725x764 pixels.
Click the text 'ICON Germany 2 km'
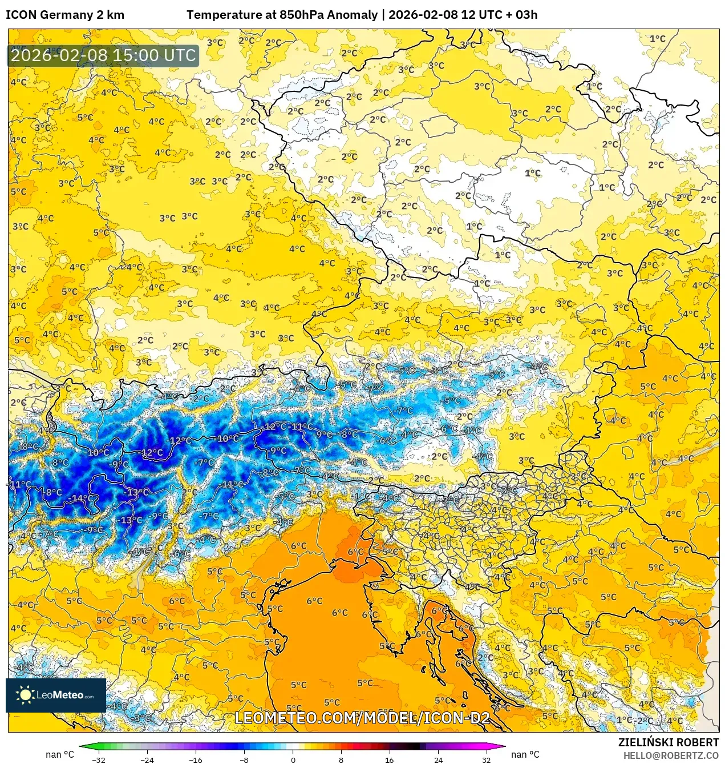[65, 15]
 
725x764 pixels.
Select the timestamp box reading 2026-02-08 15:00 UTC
[103, 56]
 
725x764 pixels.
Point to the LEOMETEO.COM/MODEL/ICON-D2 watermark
[362, 718]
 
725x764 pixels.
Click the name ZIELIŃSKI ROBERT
[669, 742]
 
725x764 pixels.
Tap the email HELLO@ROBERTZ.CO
[671, 755]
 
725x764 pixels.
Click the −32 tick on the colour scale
[99, 759]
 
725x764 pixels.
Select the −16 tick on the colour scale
[196, 759]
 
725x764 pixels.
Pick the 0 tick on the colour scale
[293, 759]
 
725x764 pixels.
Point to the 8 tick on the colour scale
[341, 759]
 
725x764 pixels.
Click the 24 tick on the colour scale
[438, 759]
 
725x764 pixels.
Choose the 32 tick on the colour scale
[486, 759]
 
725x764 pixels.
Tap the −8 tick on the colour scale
[244, 759]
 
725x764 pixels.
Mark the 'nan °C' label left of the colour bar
[60, 754]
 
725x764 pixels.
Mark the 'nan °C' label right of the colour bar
[525, 754]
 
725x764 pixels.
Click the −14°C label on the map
[82, 498]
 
